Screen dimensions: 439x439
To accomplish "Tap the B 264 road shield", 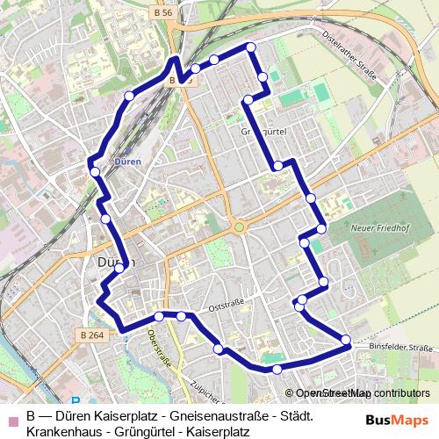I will click(91, 335).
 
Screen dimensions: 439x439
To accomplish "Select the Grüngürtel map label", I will click(264, 130).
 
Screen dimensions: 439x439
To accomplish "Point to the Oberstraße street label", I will click(159, 349).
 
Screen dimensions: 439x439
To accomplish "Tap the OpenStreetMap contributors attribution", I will click(356, 393).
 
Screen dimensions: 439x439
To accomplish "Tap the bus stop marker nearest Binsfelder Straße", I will click(346, 340).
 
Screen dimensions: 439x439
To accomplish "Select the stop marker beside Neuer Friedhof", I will click(321, 229).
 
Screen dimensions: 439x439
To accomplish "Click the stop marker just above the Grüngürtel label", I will click(248, 101).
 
